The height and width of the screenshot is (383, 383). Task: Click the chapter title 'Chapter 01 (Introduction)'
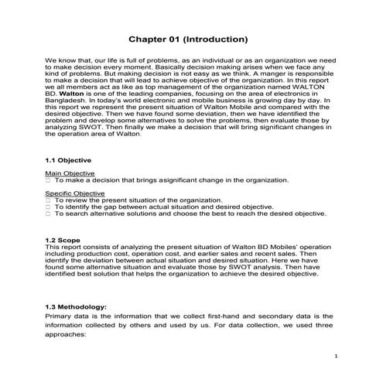[x=188, y=38]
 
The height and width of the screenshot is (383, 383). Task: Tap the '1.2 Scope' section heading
[x=64, y=239]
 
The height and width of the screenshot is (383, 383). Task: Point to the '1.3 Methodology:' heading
[x=80, y=306]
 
